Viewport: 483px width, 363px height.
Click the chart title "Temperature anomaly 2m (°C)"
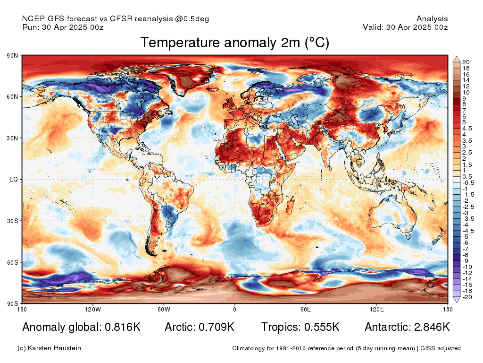(x=235, y=43)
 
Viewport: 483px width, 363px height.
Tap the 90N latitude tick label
(x=12, y=56)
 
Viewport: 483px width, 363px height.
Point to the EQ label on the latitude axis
(x=14, y=179)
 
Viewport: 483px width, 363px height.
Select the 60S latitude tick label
(x=12, y=262)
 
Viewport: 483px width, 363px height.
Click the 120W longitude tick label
(x=93, y=309)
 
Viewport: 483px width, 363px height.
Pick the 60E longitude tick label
(x=306, y=309)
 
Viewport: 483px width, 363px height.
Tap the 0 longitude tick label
(x=235, y=309)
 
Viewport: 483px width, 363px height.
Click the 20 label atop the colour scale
(x=466, y=62)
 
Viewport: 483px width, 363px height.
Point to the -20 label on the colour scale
(x=467, y=297)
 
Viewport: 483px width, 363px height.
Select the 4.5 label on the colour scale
(x=466, y=129)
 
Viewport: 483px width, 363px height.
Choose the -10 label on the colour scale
(x=467, y=267)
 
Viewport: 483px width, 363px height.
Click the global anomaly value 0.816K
(x=123, y=327)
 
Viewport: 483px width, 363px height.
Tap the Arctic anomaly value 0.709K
(x=217, y=327)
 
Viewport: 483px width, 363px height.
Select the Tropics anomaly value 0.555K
(x=322, y=327)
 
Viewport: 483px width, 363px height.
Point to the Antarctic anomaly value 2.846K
(x=432, y=327)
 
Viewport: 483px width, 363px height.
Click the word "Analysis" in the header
(x=432, y=19)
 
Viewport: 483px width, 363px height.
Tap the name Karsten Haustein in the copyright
(x=54, y=348)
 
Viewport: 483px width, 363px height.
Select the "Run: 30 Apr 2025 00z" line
(x=63, y=27)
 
